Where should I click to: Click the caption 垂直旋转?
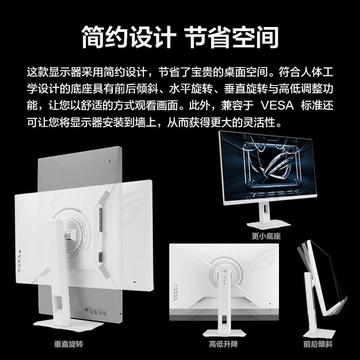[x=69, y=344]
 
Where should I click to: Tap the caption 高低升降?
[x=223, y=344]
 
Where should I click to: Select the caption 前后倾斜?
[x=318, y=344]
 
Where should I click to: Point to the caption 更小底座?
[x=266, y=236]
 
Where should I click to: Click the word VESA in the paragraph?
[x=277, y=105]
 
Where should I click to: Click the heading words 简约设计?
[x=129, y=37]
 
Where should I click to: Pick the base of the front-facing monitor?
[x=269, y=224]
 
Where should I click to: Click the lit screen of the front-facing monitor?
[x=269, y=167]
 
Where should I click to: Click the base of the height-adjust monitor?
[x=224, y=333]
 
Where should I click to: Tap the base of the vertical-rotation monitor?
[x=69, y=325]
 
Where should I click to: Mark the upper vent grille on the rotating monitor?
[x=104, y=197]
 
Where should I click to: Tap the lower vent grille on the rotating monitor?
[x=104, y=271]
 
